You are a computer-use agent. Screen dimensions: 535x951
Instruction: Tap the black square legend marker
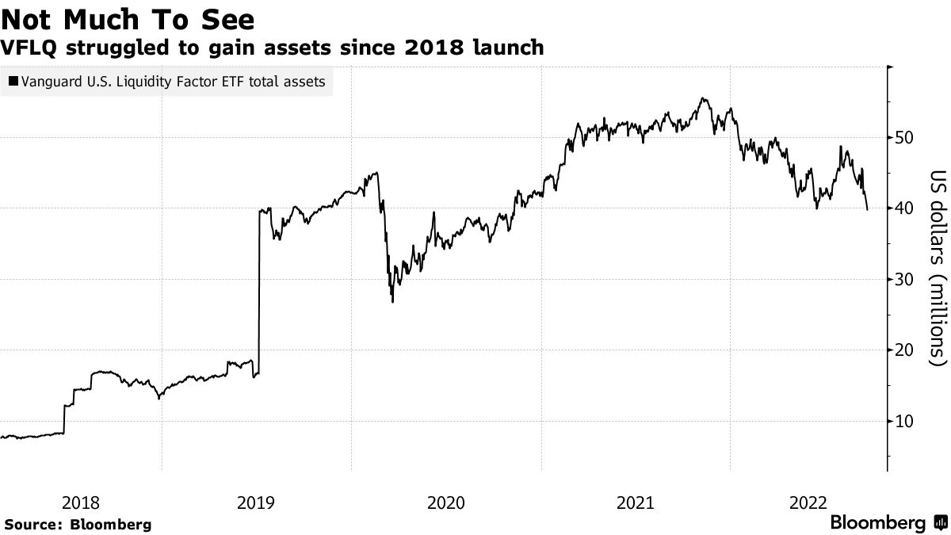[13, 81]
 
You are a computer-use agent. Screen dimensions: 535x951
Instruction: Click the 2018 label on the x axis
[80, 503]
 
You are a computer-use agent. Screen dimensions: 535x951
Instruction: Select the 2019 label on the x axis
[256, 503]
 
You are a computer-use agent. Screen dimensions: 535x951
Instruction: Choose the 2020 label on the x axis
[445, 503]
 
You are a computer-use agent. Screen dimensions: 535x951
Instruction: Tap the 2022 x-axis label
[810, 503]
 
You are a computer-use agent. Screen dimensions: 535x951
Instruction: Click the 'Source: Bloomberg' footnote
[78, 525]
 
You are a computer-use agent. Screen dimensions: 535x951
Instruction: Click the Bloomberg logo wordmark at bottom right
[877, 523]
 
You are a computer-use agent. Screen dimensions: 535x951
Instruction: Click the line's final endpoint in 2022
[868, 210]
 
